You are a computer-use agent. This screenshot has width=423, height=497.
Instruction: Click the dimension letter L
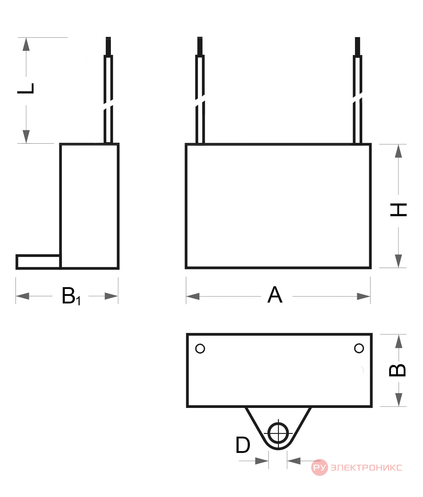point(26,88)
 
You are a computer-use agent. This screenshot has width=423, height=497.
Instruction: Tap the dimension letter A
point(275,295)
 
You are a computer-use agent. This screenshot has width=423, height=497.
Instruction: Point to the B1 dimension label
point(71,296)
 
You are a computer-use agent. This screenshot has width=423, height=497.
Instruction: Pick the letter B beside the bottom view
point(397,370)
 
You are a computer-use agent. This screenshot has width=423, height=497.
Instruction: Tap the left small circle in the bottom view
point(200,348)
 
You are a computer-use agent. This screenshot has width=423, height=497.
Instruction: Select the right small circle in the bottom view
point(359,348)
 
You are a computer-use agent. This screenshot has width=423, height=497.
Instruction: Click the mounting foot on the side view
point(38,262)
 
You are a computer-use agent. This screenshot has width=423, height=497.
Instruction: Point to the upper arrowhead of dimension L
point(26,44)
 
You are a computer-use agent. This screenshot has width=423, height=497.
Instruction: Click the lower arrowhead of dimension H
point(399,261)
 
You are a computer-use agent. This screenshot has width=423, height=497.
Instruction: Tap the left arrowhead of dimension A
point(193,296)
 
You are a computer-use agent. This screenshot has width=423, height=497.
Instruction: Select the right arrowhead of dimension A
point(364,296)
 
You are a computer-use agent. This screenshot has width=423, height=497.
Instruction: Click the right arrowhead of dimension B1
point(111,296)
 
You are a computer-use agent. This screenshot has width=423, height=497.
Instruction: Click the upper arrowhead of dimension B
point(399,341)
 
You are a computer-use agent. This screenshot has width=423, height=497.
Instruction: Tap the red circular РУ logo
point(319,467)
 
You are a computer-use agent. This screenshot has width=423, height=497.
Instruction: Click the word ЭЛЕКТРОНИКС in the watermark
point(366,467)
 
